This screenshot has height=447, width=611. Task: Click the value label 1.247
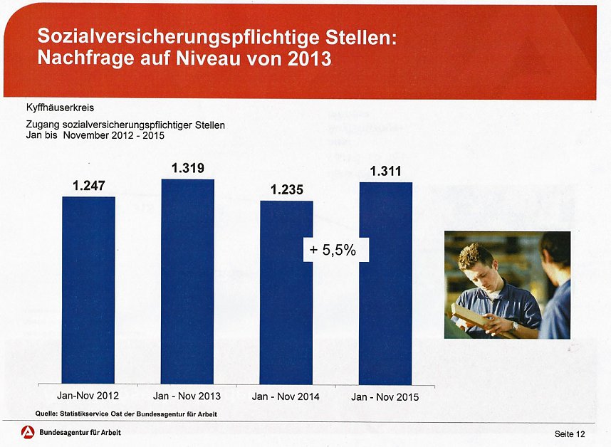coord(89,186)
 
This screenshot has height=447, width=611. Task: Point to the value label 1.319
coord(188,169)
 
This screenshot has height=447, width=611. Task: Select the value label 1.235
coord(287,190)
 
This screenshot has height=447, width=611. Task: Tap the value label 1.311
coord(385,172)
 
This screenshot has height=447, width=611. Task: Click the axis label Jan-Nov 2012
coord(88,395)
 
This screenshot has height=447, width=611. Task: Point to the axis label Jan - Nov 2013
coord(187,396)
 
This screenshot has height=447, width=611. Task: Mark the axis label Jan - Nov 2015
coord(385,396)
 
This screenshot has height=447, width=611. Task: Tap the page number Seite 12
coord(570,433)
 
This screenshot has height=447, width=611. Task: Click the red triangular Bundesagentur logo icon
coord(28,432)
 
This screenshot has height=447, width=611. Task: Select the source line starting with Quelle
coord(126,414)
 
